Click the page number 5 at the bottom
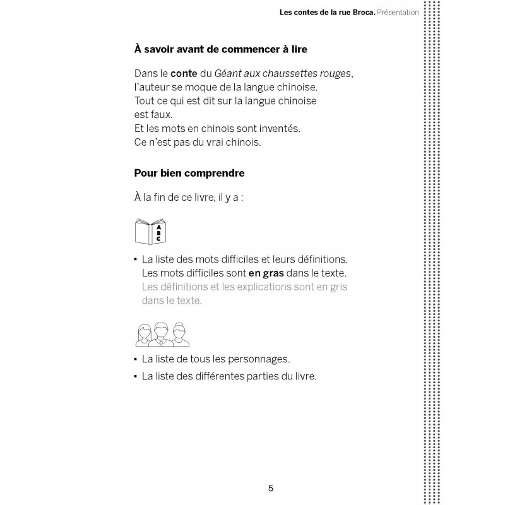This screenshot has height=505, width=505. coord(270,488)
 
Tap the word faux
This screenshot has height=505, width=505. coord(161,115)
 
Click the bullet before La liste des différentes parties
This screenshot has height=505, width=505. coord(136,376)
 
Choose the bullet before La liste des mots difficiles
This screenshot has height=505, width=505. coord(136,259)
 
